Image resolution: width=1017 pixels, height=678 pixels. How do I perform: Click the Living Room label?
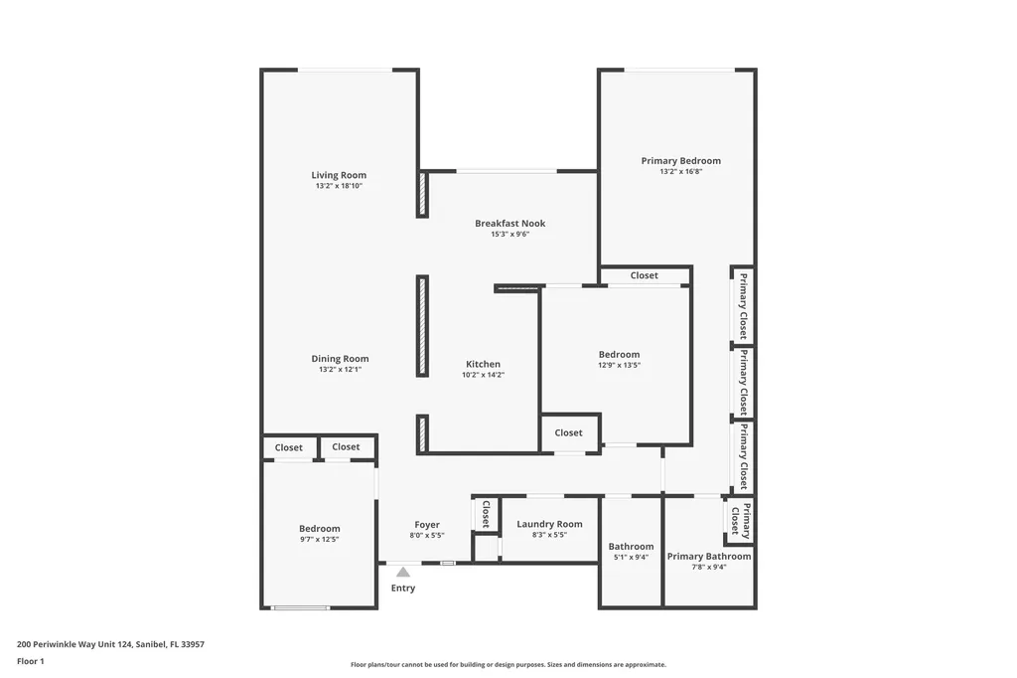pyautogui.click(x=339, y=176)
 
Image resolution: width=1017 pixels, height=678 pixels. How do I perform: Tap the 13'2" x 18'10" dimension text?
pyautogui.click(x=339, y=186)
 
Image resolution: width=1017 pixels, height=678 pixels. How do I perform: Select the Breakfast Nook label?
pyautogui.click(x=509, y=224)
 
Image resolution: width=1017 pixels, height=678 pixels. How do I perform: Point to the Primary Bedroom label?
pyautogui.click(x=680, y=161)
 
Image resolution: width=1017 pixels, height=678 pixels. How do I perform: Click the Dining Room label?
pyautogui.click(x=340, y=359)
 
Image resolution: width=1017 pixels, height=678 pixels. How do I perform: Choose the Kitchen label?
pyautogui.click(x=484, y=364)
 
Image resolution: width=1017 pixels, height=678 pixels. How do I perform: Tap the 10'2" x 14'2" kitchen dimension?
pyautogui.click(x=484, y=375)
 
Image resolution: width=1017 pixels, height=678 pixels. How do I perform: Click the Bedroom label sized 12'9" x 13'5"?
pyautogui.click(x=619, y=355)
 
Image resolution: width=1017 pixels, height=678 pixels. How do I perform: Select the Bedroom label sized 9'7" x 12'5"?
pyautogui.click(x=319, y=529)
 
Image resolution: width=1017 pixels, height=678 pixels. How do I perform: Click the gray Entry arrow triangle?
pyautogui.click(x=402, y=572)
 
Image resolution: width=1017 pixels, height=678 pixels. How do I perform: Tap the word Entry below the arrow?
pyautogui.click(x=402, y=588)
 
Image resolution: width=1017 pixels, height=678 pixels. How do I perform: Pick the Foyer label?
pyautogui.click(x=427, y=525)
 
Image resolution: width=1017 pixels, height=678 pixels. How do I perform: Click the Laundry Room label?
pyautogui.click(x=549, y=524)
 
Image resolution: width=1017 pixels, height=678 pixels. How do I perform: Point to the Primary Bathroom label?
pyautogui.click(x=708, y=557)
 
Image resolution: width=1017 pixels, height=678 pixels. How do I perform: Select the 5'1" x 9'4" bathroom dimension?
pyautogui.click(x=631, y=557)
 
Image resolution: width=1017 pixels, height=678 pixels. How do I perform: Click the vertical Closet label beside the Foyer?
pyautogui.click(x=486, y=514)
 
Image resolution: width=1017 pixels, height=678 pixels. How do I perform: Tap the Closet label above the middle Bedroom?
pyautogui.click(x=644, y=275)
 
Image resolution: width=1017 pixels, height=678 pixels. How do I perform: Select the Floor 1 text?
pyautogui.click(x=32, y=660)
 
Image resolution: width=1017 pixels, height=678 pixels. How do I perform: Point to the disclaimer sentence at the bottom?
pyautogui.click(x=508, y=664)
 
